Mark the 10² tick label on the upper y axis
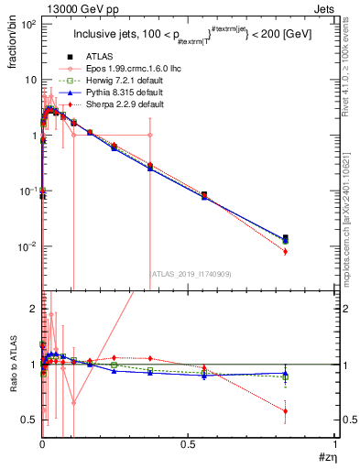(x=27, y=25)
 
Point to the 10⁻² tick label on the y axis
(x=27, y=247)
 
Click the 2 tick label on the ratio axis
(x=33, y=309)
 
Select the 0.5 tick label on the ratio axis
(x=29, y=420)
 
